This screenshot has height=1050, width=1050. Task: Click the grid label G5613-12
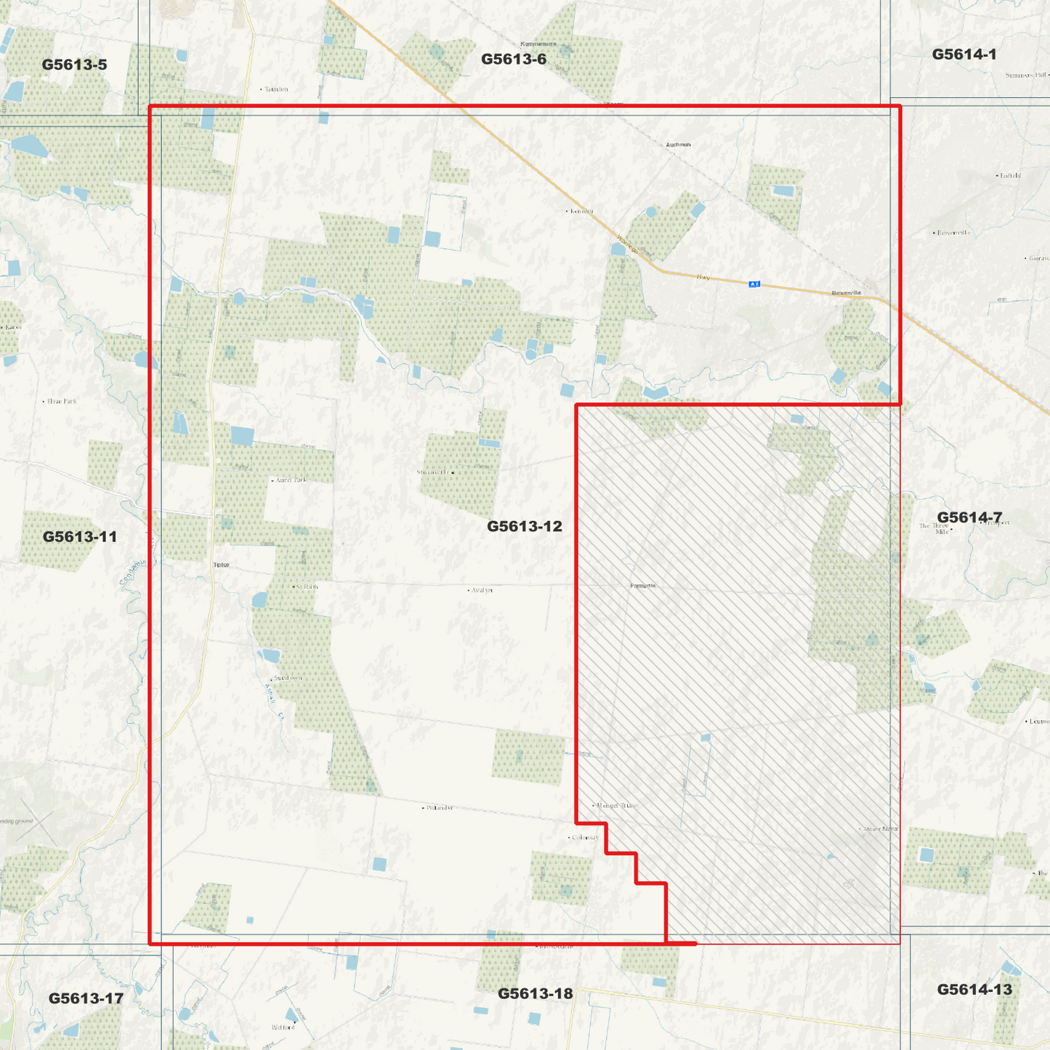[x=524, y=526]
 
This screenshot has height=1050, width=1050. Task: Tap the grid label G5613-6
[x=513, y=59]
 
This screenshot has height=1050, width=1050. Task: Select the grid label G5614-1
[x=964, y=54]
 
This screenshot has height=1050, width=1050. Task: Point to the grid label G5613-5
[x=74, y=65]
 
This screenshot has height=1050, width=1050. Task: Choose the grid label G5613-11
[x=79, y=537]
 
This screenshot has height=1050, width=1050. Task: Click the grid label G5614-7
[x=969, y=517]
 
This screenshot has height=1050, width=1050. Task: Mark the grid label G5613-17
[x=86, y=998]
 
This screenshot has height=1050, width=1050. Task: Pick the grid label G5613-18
[x=535, y=993]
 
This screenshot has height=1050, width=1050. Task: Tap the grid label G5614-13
[x=974, y=989]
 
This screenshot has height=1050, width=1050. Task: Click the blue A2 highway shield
[x=754, y=284]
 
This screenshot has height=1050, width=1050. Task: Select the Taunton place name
[x=276, y=89]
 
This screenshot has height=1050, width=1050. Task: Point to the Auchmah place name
[x=678, y=145]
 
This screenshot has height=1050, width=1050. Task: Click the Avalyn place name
[x=482, y=590]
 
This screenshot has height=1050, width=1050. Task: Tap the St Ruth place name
[x=307, y=586]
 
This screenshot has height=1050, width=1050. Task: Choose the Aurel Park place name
[x=291, y=480]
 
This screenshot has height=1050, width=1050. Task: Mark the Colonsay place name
[x=585, y=837]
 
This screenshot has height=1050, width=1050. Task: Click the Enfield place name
[x=1010, y=175]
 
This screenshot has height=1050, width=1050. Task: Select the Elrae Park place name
[x=62, y=401]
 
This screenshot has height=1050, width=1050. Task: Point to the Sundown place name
[x=288, y=677]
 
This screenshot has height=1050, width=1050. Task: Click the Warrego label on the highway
[x=627, y=244]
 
